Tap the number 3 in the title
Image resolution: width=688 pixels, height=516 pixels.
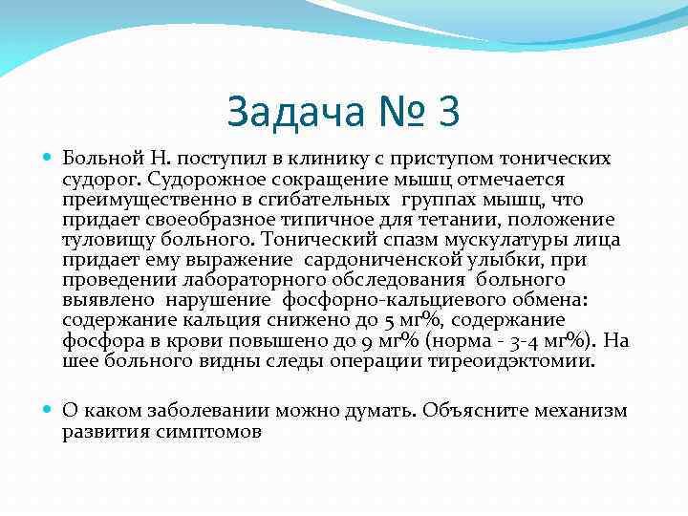447,112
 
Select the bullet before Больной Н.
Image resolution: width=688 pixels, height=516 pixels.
50,157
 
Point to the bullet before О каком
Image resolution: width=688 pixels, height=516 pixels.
50,411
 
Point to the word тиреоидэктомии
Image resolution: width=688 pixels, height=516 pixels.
520,361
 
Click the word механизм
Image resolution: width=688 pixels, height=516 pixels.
579,411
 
